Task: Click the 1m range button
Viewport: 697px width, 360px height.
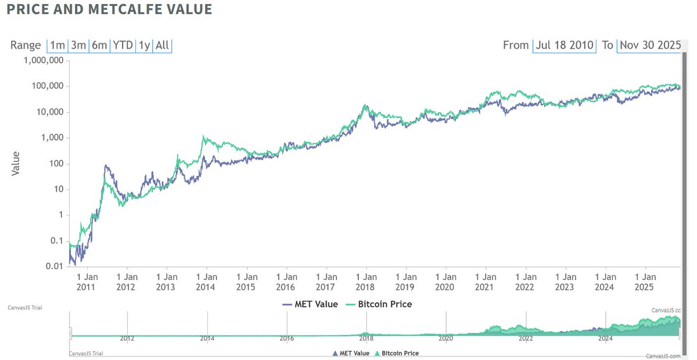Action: click(58, 45)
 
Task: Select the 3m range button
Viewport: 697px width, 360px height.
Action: click(78, 45)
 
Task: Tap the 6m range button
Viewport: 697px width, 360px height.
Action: click(99, 45)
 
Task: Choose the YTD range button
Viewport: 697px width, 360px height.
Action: click(123, 45)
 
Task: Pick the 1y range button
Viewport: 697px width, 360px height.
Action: click(143, 45)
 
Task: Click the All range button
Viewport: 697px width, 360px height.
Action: click(163, 45)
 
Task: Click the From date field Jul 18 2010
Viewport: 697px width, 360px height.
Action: click(565, 45)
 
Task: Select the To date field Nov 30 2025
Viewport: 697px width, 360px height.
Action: click(649, 45)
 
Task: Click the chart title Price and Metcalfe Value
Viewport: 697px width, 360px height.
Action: click(109, 10)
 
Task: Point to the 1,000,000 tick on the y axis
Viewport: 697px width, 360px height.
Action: click(44, 61)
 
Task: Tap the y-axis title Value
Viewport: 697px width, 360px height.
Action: click(16, 164)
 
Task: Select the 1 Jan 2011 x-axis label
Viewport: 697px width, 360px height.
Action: click(86, 282)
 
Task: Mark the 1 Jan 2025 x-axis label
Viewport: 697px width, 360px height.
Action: click(645, 282)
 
